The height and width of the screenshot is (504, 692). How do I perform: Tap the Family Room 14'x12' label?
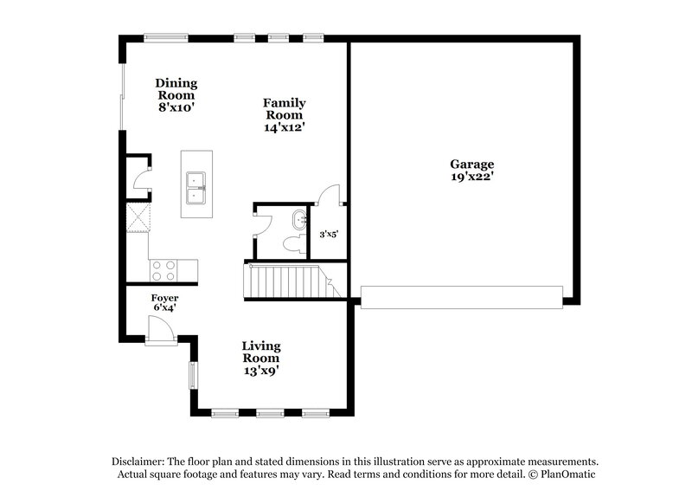285,114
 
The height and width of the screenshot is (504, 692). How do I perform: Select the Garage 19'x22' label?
471,170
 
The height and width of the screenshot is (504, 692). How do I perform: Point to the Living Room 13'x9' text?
260,358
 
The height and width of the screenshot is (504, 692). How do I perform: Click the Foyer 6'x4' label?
164,302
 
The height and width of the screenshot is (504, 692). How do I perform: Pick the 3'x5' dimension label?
329,234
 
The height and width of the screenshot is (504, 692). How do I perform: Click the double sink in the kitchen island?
198,184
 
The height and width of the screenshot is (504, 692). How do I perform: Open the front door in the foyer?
159,330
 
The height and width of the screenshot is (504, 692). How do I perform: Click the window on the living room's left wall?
193,375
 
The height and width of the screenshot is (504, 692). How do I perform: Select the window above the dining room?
166,37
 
